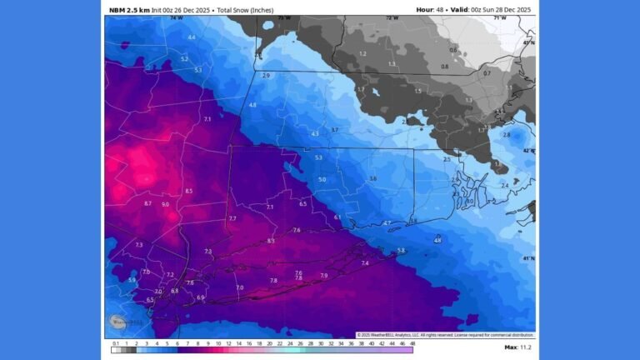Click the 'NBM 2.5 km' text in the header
(x=130, y=10)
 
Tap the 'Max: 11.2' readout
(x=517, y=347)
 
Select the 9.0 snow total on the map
(x=165, y=204)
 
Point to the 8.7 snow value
(x=147, y=203)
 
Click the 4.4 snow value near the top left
(x=192, y=37)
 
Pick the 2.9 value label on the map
(x=266, y=76)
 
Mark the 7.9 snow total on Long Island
(x=323, y=276)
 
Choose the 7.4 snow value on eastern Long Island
(x=364, y=263)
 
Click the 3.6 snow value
(x=372, y=178)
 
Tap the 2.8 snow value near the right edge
(x=507, y=134)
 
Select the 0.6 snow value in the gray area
(x=453, y=50)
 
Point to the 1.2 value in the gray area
(x=362, y=54)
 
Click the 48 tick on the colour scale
(x=412, y=343)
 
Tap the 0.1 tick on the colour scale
(x=114, y=343)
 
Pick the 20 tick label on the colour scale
(x=269, y=343)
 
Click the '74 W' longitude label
(x=176, y=17)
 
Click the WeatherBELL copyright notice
(x=445, y=335)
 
